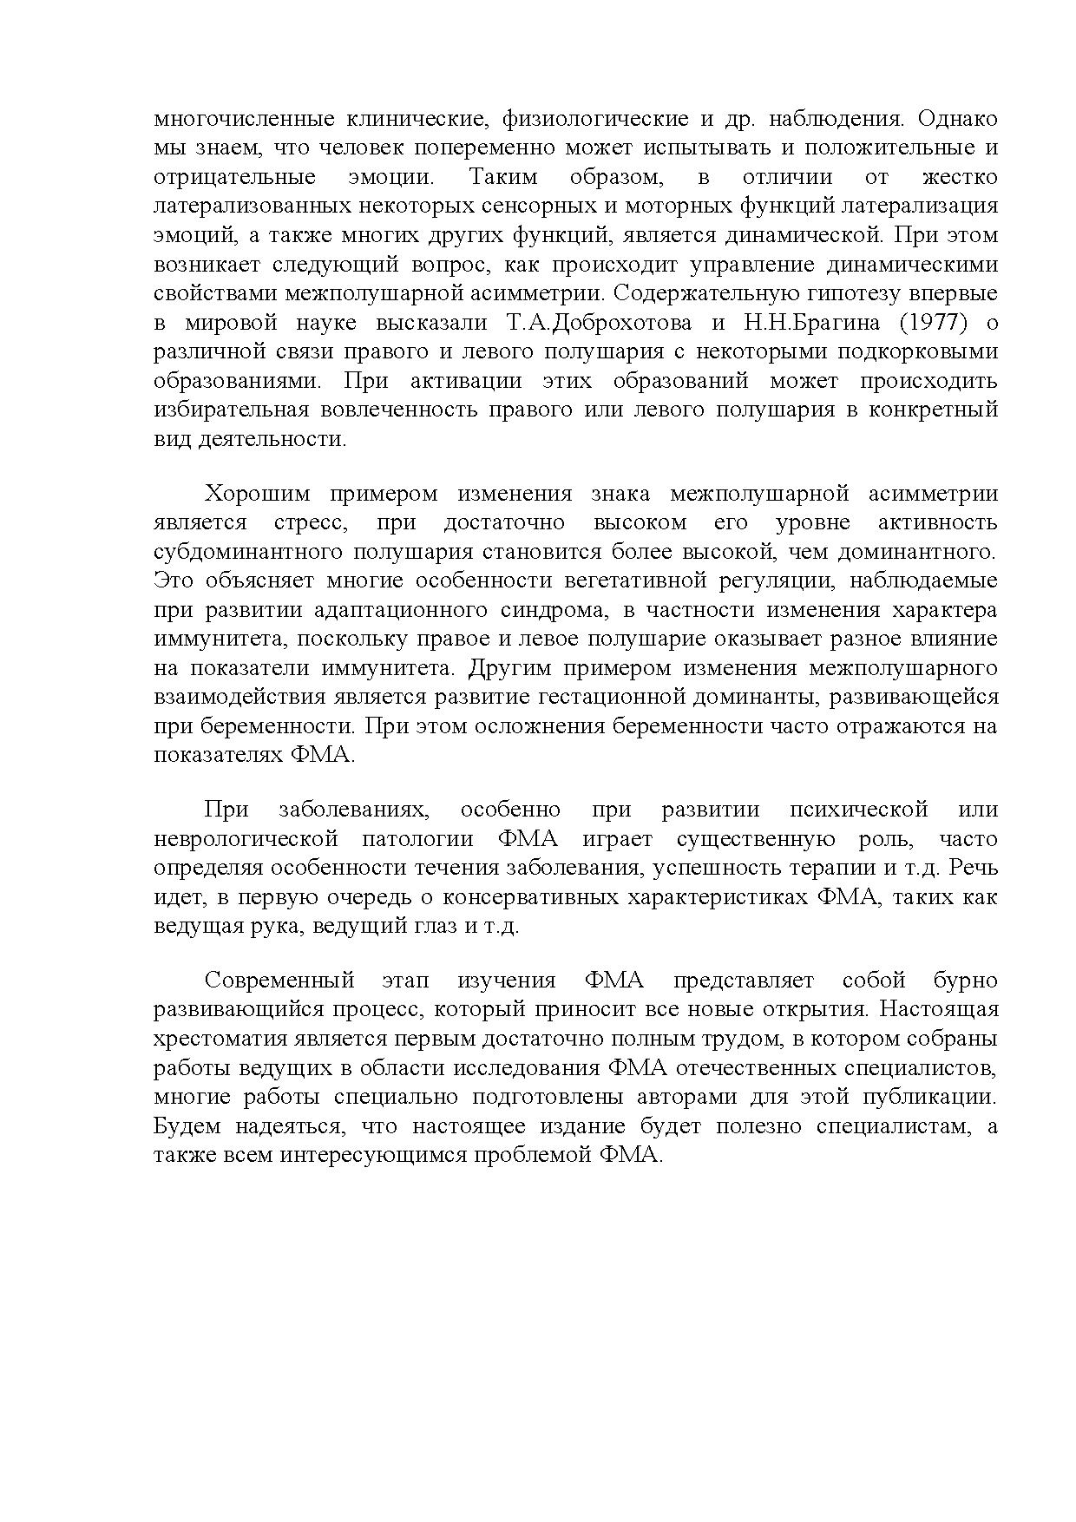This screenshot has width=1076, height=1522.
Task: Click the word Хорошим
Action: coord(255,494)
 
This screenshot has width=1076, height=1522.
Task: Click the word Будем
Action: coord(186,1126)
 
